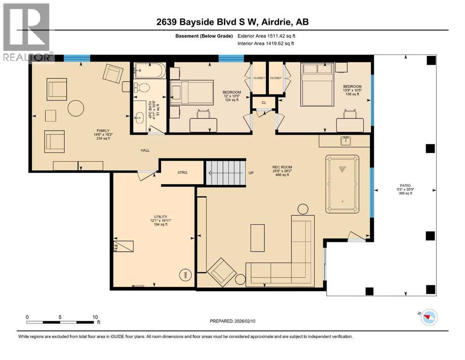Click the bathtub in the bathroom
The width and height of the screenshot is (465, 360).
[148, 72]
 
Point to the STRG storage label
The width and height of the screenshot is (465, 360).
[182, 172]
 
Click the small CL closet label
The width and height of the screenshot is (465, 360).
[264, 102]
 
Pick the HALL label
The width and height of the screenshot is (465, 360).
[144, 151]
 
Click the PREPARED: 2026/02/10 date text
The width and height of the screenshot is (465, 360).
[232, 322]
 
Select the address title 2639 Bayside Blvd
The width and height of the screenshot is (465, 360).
[232, 22]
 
